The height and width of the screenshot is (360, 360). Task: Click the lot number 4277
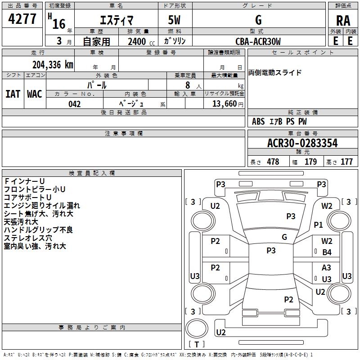pyautogui.click(x=22, y=20)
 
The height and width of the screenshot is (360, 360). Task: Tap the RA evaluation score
pyautogui.click(x=343, y=21)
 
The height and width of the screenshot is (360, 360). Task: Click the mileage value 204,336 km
pyautogui.click(x=53, y=64)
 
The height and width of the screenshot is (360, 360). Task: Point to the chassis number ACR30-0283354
pyautogui.click(x=302, y=144)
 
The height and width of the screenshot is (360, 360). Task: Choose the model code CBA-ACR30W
pyautogui.click(x=258, y=42)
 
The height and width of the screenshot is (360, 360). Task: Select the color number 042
pyautogui.click(x=75, y=104)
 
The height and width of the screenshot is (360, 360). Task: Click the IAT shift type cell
pyautogui.click(x=13, y=94)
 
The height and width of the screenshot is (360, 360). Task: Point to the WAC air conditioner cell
pyautogui.click(x=35, y=94)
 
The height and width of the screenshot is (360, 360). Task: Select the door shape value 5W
pyautogui.click(x=175, y=21)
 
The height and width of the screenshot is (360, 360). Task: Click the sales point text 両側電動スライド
pyautogui.click(x=275, y=73)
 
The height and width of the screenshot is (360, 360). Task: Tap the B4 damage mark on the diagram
pyautogui.click(x=327, y=252)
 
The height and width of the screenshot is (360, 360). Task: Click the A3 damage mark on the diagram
pyautogui.click(x=327, y=268)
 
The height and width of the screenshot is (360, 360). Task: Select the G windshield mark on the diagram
pyautogui.click(x=284, y=237)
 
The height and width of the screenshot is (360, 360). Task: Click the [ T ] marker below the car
pyautogui.click(x=196, y=344)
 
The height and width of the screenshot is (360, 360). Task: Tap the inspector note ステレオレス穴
pyautogui.click(x=28, y=238)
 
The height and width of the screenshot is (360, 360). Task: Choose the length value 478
pyautogui.click(x=273, y=162)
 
